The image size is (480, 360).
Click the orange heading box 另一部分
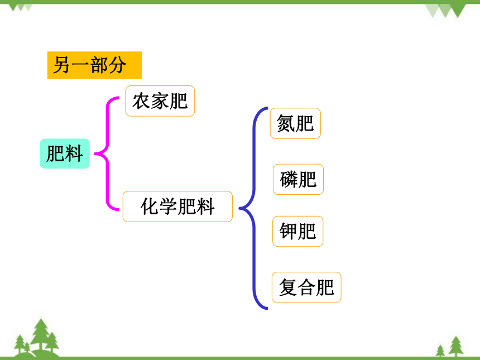click(94, 65)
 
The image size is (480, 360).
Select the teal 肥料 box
click(65, 153)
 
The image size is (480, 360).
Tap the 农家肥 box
click(160, 101)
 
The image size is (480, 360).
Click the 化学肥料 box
click(177, 207)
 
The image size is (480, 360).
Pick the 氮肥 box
click(295, 123)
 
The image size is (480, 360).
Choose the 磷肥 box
click(298, 179)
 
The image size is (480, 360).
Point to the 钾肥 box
click(297, 232)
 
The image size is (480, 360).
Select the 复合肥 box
click(306, 287)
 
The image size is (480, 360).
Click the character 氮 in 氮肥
click(286, 123)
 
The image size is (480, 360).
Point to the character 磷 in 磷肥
click(289, 179)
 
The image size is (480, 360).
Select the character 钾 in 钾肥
click(289, 232)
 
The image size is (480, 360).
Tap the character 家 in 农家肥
click(160, 101)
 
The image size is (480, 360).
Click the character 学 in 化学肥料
click(169, 207)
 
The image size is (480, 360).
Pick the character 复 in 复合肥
click(288, 287)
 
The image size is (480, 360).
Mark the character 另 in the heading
click(62, 65)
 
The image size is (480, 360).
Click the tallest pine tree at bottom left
click(41, 335)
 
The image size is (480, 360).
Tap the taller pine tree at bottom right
click(456, 346)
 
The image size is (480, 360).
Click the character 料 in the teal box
click(74, 153)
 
